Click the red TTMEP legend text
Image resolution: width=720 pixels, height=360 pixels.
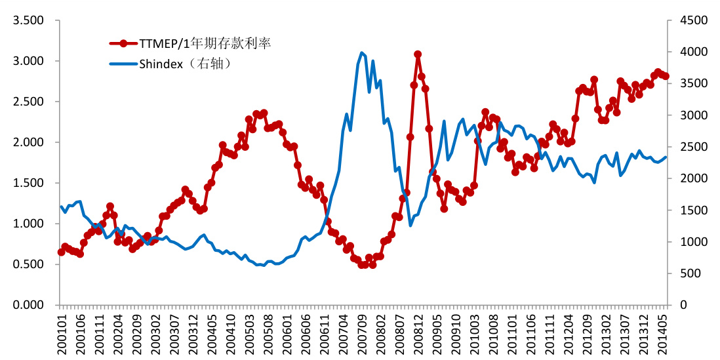[205, 43]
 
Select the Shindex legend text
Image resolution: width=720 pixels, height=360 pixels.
[186, 64]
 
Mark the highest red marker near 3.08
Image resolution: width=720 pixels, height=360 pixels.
[418, 54]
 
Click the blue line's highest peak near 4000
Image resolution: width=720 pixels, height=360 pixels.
[362, 52]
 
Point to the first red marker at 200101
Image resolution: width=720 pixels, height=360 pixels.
[62, 252]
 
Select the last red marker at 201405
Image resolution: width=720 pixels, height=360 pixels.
[666, 76]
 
